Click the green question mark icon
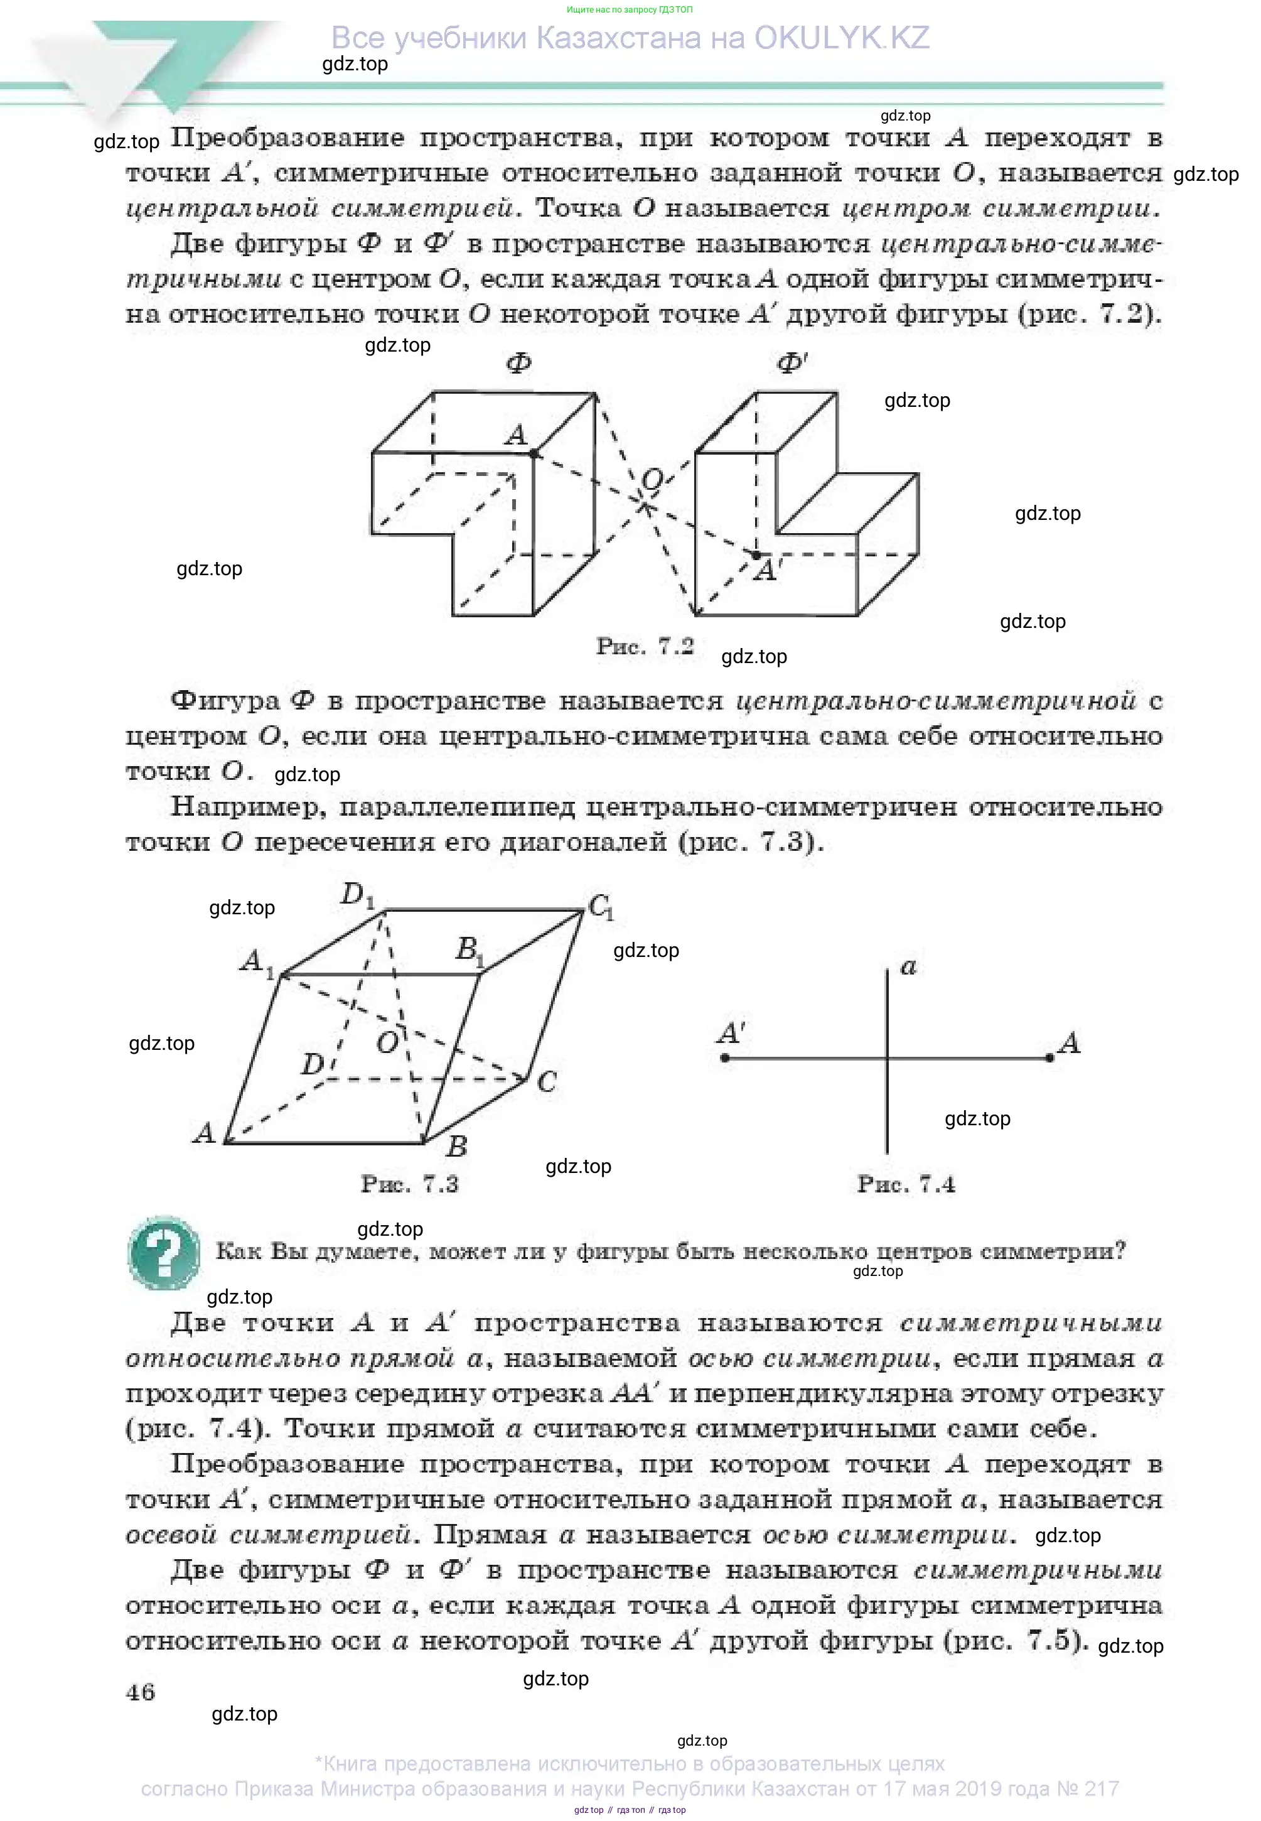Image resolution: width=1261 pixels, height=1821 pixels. coord(164,1252)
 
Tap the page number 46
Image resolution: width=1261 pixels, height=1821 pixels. coord(140,1692)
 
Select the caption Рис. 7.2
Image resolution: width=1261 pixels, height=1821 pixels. coord(645,647)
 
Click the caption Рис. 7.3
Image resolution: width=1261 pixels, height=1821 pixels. coord(409,1184)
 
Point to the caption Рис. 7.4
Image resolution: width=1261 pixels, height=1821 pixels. coord(906,1184)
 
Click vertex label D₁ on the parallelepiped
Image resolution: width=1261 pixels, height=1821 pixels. coord(357,895)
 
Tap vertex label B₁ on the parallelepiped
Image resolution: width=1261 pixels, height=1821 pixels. coord(470,949)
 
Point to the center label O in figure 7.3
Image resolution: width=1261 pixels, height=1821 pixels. coord(387,1043)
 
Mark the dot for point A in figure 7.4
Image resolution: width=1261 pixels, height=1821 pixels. coord(1049,1057)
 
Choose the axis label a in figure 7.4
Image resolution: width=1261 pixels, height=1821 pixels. coord(909,966)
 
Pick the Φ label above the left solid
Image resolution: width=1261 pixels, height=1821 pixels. coord(518,364)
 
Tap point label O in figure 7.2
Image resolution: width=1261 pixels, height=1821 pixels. coord(653,480)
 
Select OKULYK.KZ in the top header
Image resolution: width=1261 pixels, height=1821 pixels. coord(842,38)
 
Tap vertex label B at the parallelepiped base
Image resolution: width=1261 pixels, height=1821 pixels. coord(457,1145)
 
